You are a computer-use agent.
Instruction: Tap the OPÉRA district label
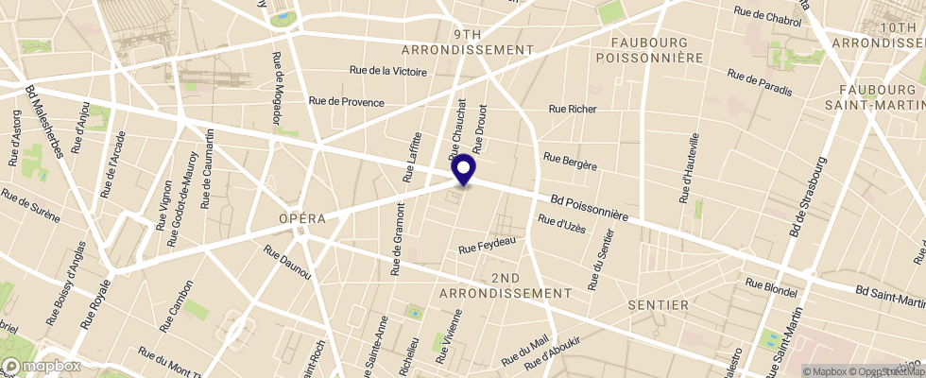point(301,218)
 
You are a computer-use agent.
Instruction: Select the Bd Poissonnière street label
point(590,208)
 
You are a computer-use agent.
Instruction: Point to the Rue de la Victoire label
point(388,71)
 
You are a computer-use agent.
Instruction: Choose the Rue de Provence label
point(347,102)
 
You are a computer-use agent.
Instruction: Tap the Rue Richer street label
point(574,110)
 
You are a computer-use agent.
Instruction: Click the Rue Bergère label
point(571,162)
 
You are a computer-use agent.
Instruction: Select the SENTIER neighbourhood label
point(658,306)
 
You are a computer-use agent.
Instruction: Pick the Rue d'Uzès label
point(562,225)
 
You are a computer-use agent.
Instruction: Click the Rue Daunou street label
point(287,262)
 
